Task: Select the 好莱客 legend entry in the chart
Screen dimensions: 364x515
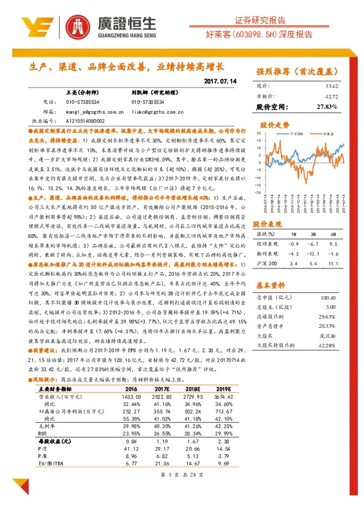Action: tap(328, 133)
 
